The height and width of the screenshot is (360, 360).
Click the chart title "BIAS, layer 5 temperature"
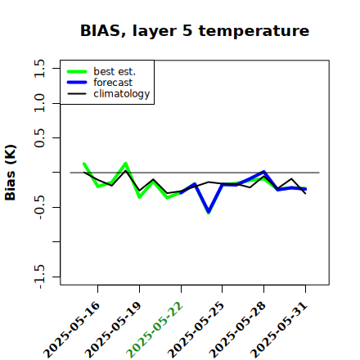[195, 31]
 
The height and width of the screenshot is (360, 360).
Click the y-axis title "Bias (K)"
[11, 173]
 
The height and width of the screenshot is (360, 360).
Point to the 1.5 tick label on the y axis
[39, 68]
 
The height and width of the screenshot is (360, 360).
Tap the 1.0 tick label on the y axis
[39, 103]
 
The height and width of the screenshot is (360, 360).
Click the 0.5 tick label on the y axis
[39, 138]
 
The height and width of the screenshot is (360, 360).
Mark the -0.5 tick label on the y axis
[39, 207]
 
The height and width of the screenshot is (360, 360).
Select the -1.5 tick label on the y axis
[39, 277]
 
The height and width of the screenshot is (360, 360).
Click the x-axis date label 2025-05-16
[72, 330]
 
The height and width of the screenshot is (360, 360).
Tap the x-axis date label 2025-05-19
[114, 330]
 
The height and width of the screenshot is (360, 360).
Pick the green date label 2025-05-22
[155, 330]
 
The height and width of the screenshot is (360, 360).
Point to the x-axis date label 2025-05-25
[196, 330]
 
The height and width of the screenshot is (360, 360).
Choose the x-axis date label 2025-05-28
[238, 330]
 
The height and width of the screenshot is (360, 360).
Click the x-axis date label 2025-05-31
[280, 330]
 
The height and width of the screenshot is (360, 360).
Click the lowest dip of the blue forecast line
[209, 211]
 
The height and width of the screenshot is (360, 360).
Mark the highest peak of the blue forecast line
[263, 172]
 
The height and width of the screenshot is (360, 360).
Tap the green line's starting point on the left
[84, 164]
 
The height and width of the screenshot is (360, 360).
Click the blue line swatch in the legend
[77, 83]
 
